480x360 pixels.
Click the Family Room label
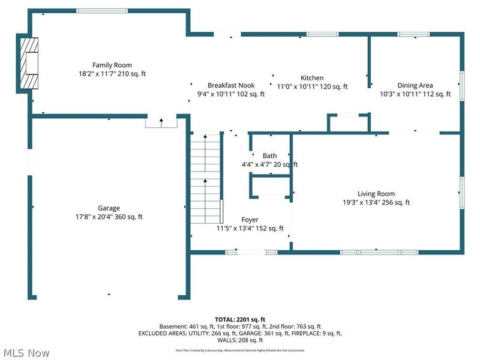(112, 65)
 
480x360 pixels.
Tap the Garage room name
(109, 208)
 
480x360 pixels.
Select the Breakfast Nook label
(231, 85)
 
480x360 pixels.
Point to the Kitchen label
(312, 78)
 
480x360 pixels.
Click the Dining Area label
(415, 85)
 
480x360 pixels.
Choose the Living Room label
(376, 194)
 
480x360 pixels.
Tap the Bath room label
(269, 156)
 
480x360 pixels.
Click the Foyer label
(250, 220)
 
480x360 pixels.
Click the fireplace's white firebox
(32, 64)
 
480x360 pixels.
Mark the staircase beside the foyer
(205, 178)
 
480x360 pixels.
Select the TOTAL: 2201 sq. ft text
(240, 320)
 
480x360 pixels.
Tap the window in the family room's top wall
(102, 11)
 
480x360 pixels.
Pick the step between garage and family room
(161, 122)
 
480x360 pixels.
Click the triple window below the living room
(379, 252)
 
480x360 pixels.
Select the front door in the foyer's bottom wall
(251, 252)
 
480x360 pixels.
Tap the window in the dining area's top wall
(413, 34)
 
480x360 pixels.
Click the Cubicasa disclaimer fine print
(240, 350)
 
